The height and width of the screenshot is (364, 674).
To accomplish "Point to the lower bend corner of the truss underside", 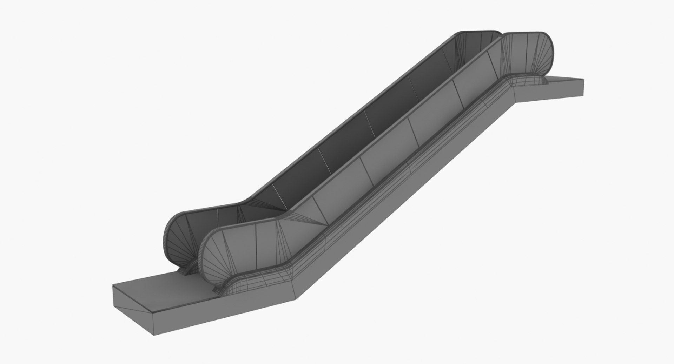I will tap(297, 290).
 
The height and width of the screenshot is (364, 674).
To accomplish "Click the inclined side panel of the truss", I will tap(404, 196).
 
